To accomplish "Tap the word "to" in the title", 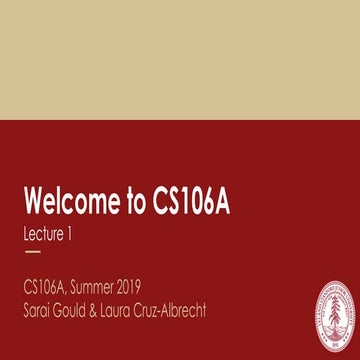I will coord(136,202).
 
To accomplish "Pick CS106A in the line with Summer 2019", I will coord(49,287).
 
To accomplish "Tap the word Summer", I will coord(111,287).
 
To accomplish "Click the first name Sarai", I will coord(42,309).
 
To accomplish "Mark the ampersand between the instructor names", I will coord(116,309).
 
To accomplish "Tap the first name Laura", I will coord(143,309).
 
